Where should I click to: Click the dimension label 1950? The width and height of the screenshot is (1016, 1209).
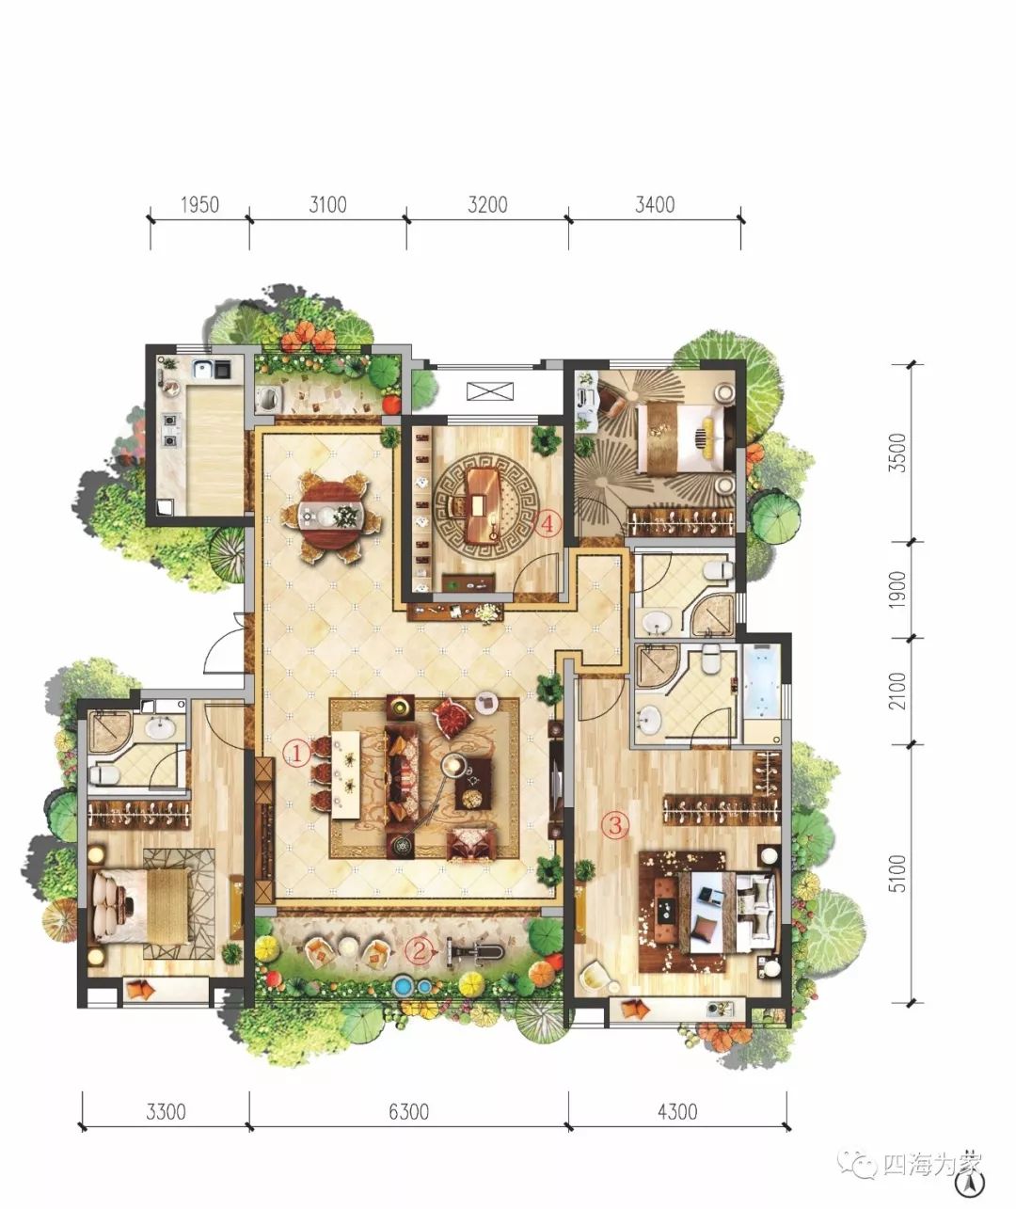coord(199,204)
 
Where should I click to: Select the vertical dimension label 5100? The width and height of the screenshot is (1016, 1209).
coord(897,872)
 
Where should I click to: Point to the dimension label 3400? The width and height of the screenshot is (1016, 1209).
coord(655,204)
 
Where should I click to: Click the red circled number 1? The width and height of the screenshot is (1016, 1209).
coord(297,754)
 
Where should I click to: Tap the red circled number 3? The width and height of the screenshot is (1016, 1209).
coord(615,824)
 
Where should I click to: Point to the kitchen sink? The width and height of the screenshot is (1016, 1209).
coord(204,368)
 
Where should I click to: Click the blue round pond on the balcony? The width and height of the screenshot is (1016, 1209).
coord(405,985)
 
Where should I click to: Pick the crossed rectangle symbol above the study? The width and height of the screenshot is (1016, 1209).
coord(490,390)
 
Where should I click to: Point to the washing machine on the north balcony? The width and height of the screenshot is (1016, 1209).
coord(267,399)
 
